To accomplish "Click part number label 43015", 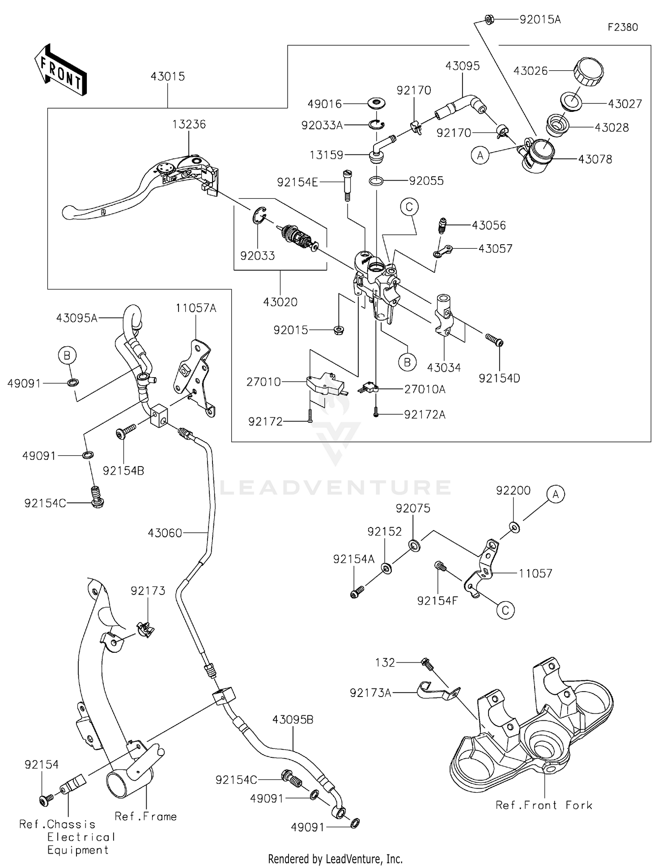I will pos(167,76).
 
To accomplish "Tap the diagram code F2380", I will pos(622,27).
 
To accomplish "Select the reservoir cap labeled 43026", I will pos(588,71).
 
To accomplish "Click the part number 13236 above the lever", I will pos(189,124).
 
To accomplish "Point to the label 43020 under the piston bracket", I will pos(280,302).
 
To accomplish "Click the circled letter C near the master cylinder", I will pos(409,207).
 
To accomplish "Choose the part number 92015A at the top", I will pos(539,20).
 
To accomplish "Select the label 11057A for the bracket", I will pos(195,308).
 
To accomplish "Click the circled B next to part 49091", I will pos(67,356).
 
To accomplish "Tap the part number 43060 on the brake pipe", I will pos(165,533).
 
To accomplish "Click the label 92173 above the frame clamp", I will pos(148,591).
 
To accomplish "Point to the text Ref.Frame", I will pos(145,816).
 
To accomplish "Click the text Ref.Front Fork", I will pos(544,805).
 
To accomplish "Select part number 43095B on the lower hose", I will pos(293,720).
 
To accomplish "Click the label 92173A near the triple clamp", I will pos(370,693).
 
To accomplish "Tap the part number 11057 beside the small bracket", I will pos(535,573).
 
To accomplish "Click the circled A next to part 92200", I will pos(556,494).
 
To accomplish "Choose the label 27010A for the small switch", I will pos(425,390).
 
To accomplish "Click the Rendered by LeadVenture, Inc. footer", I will pos(335,859).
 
